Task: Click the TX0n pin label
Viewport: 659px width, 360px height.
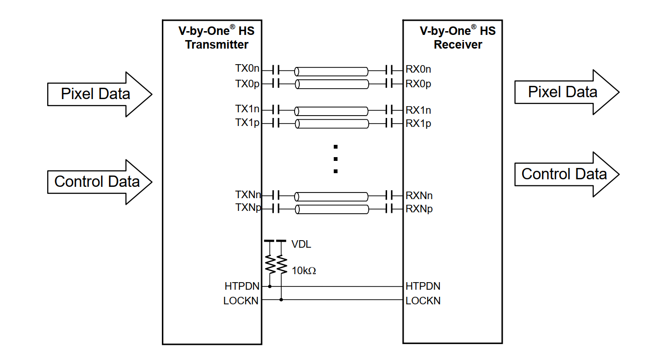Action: tap(247, 69)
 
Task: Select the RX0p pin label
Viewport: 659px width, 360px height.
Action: tap(418, 84)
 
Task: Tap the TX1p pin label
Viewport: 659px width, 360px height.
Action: tap(247, 123)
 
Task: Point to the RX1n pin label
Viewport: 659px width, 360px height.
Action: tap(418, 110)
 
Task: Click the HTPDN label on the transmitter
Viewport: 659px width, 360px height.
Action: tap(241, 286)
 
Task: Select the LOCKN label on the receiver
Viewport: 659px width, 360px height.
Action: tap(422, 301)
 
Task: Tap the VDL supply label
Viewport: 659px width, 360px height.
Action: tap(301, 244)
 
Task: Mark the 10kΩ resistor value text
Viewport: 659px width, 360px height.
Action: tap(304, 271)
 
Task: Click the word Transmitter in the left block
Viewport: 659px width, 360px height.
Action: tap(217, 45)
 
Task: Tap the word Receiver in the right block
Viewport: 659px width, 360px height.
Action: tap(458, 45)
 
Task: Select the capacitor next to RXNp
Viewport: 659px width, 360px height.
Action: tap(389, 209)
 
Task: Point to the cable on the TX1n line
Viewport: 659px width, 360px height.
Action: tap(331, 111)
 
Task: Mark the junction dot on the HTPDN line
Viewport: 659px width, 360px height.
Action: tap(270, 286)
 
